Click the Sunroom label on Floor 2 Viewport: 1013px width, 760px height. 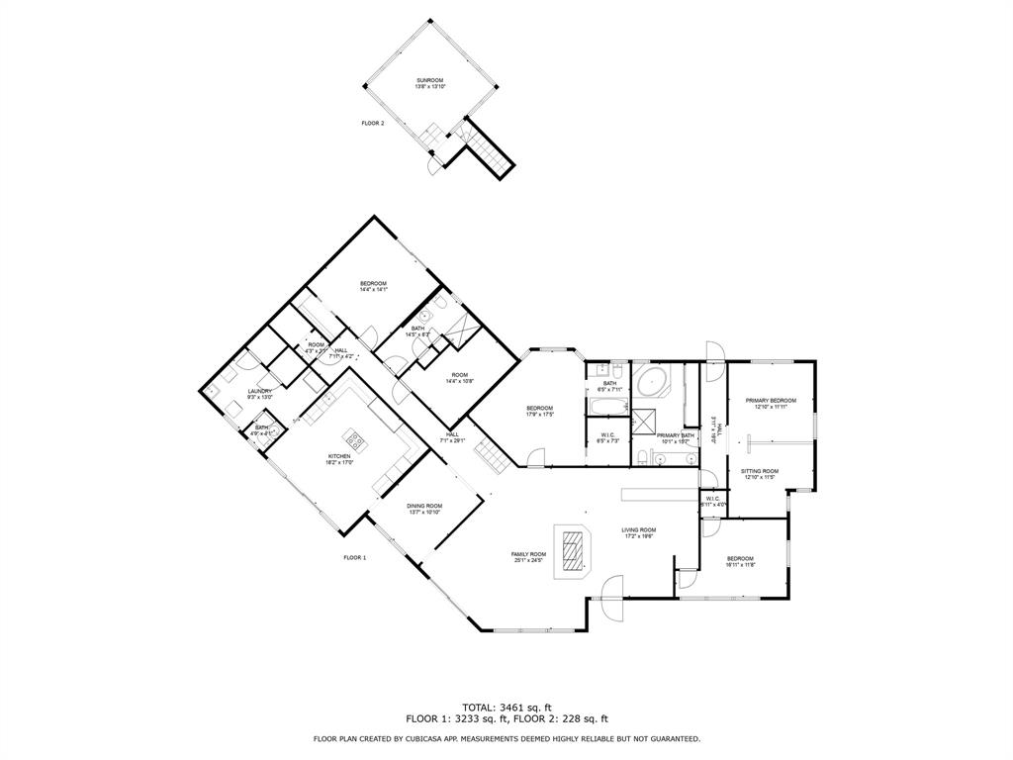[x=429, y=80]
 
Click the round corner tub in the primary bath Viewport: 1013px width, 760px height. [x=653, y=381]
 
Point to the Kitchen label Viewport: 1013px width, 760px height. [x=338, y=456]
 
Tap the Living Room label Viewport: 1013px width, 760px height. [x=638, y=529]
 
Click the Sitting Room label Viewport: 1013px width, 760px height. [x=760, y=471]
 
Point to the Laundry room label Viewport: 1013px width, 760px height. [x=260, y=391]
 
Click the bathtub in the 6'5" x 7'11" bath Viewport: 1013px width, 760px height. [x=607, y=406]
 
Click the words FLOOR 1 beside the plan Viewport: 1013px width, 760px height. [x=354, y=558]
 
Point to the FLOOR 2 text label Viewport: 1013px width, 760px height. [x=372, y=123]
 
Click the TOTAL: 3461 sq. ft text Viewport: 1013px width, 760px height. [x=506, y=707]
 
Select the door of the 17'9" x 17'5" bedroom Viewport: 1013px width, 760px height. [x=535, y=458]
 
